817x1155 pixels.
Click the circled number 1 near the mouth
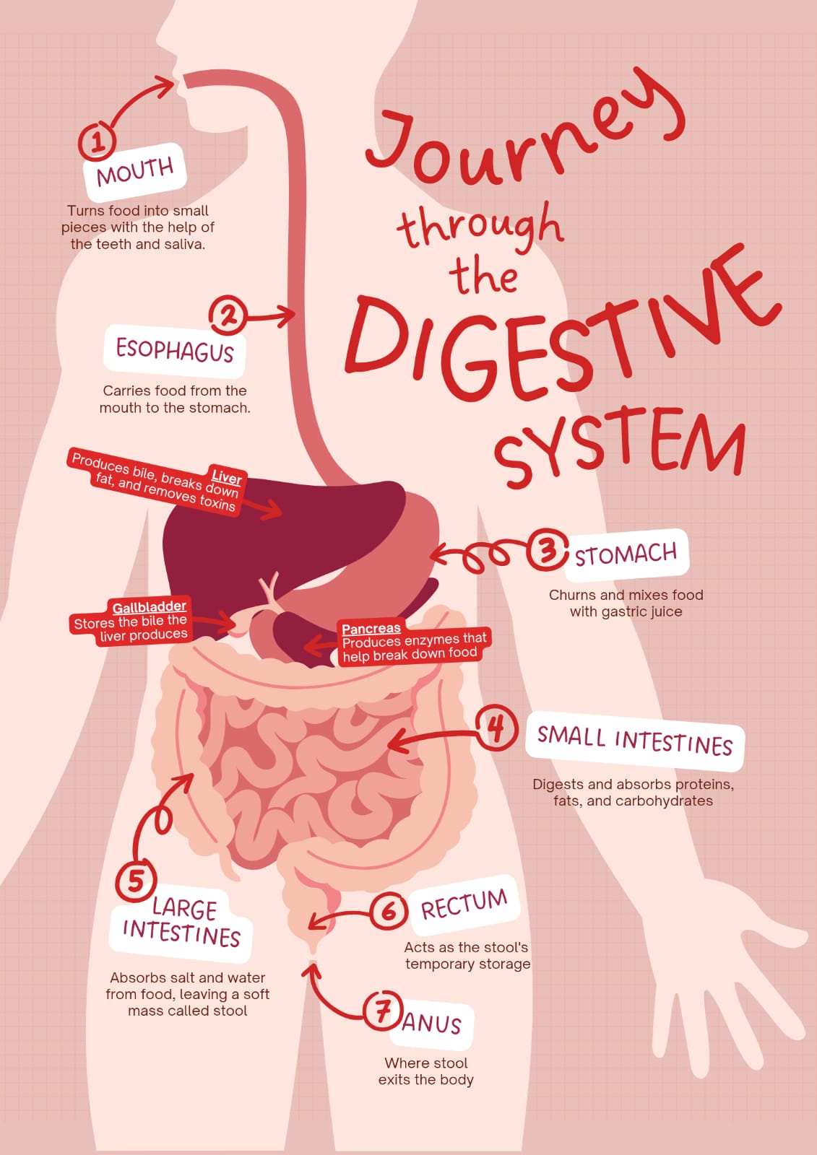click(97, 141)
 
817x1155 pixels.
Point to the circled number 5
click(136, 880)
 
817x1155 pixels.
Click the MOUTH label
click(135, 173)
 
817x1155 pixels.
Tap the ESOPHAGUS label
click(174, 351)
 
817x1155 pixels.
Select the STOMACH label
click(626, 555)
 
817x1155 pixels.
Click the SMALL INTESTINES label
click(635, 741)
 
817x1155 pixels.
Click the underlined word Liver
click(227, 478)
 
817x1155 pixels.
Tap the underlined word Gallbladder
click(149, 607)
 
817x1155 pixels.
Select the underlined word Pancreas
click(371, 629)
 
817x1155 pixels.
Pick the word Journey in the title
click(526, 126)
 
